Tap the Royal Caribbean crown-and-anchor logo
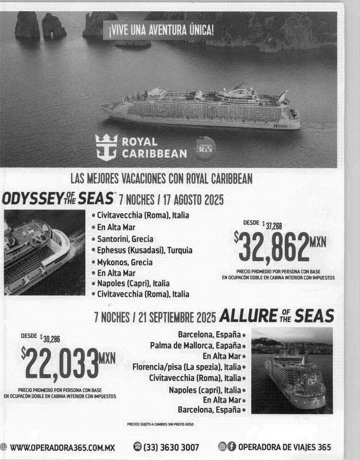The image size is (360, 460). point(106,147)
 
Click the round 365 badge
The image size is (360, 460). point(204,149)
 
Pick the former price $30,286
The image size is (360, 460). point(50,339)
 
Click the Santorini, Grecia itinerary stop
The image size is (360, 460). point(125,239)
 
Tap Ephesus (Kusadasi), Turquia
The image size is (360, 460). point(145,250)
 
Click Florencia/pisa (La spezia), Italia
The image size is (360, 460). point(186,367)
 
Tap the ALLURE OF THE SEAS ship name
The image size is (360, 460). point(276,316)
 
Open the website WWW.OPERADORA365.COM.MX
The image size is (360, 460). point(62,447)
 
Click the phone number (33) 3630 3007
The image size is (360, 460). point(171,447)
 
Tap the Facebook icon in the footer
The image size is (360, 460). point(231,447)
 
